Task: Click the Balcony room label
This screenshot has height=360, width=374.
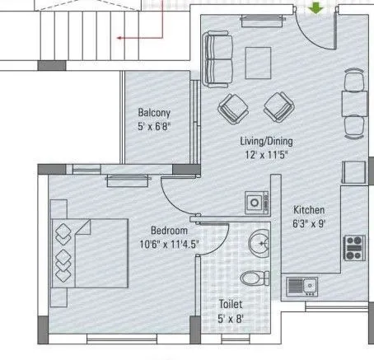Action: (x=154, y=113)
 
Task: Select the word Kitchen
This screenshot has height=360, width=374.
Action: (x=309, y=210)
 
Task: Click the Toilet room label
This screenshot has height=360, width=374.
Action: (x=230, y=304)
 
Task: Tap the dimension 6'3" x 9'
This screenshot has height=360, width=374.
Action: (x=309, y=223)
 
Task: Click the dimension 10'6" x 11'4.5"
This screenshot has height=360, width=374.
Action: (x=168, y=244)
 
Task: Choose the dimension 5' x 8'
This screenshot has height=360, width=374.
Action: (x=230, y=318)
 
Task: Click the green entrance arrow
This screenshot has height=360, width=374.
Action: (x=315, y=8)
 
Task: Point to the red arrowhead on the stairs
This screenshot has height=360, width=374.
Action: (x=119, y=37)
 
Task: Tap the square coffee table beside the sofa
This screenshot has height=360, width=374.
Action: (x=259, y=60)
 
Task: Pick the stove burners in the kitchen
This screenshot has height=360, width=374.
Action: (x=354, y=244)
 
